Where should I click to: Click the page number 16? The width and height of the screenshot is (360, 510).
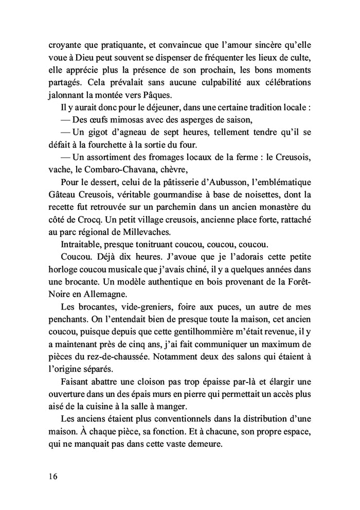click(50, 476)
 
